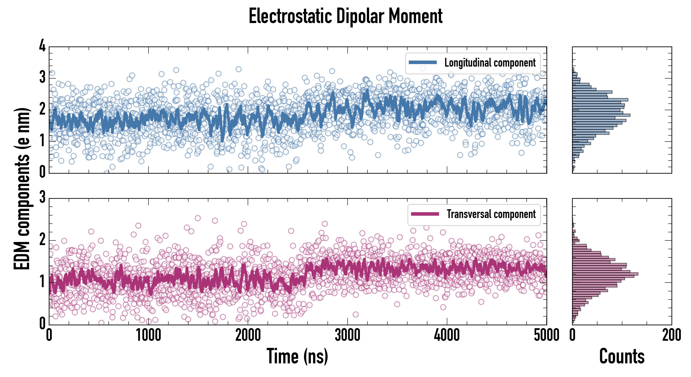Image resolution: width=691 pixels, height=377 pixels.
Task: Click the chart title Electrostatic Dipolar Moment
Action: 345,16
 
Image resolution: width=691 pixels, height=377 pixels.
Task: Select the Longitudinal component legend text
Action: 490,63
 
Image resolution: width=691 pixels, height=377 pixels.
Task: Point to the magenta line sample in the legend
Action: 425,214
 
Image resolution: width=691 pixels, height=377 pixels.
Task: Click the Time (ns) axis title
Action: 297,356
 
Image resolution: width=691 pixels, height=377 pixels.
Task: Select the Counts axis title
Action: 622,356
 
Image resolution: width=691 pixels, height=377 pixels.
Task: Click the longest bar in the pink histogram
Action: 605,274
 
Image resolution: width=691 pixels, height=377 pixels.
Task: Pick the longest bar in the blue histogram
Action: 601,115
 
